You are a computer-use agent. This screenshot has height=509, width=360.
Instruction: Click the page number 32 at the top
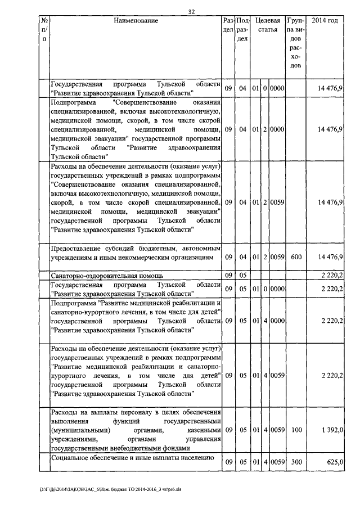click(x=192, y=11)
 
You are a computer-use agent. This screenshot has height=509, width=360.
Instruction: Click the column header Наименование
click(x=136, y=21)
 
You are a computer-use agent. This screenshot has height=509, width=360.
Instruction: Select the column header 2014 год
click(x=324, y=21)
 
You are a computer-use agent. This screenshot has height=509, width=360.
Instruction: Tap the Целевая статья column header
click(x=268, y=25)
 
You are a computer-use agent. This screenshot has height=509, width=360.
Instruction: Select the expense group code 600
click(x=295, y=256)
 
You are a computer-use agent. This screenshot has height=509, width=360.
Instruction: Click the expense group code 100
click(x=295, y=430)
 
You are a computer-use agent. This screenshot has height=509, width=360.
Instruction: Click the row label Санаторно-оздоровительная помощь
click(x=107, y=276)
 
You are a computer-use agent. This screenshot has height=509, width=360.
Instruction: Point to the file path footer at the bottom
click(x=106, y=489)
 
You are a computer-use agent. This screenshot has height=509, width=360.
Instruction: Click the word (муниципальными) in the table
click(x=78, y=430)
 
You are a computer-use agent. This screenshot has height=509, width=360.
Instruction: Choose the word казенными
click(x=200, y=430)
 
